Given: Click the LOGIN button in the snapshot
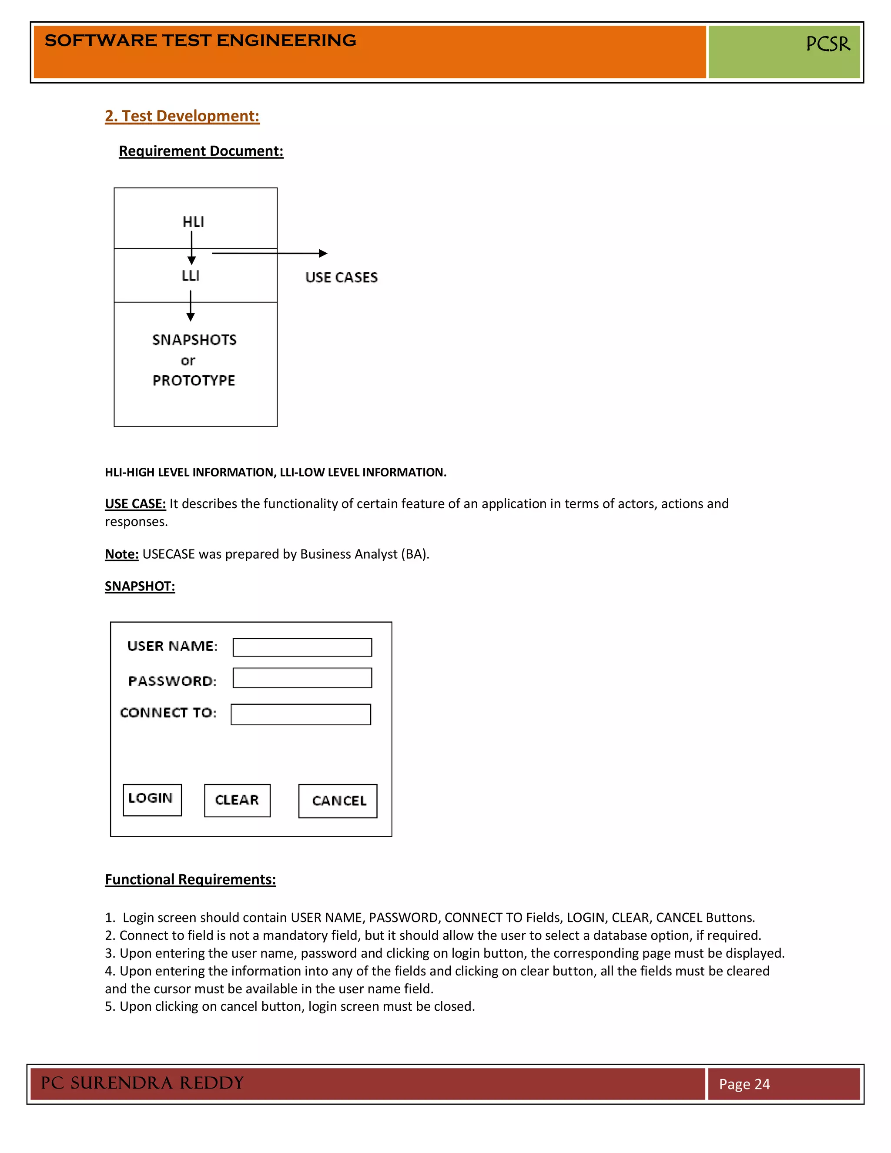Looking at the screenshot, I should [x=152, y=800].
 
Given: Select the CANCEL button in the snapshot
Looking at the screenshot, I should [x=338, y=801].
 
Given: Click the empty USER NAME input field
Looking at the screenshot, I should [x=302, y=647].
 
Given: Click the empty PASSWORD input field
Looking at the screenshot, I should [x=302, y=678].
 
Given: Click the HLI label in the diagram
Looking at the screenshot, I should [x=193, y=222].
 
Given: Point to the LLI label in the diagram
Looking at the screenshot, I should [x=191, y=275].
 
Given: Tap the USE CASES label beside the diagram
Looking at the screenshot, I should [x=341, y=278].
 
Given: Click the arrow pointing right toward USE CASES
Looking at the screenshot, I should [x=269, y=253].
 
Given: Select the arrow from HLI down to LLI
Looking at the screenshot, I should [x=191, y=248].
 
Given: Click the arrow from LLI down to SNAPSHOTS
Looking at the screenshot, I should [x=191, y=306].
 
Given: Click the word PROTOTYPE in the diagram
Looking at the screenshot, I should [x=194, y=380].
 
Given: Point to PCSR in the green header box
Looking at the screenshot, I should [x=827, y=44].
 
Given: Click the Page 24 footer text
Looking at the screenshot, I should [x=744, y=1084].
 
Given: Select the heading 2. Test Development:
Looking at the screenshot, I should [x=182, y=116].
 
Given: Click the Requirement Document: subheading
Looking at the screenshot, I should [x=201, y=151].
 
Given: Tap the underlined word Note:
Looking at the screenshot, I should [x=121, y=554].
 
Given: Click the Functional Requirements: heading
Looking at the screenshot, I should [x=190, y=879].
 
